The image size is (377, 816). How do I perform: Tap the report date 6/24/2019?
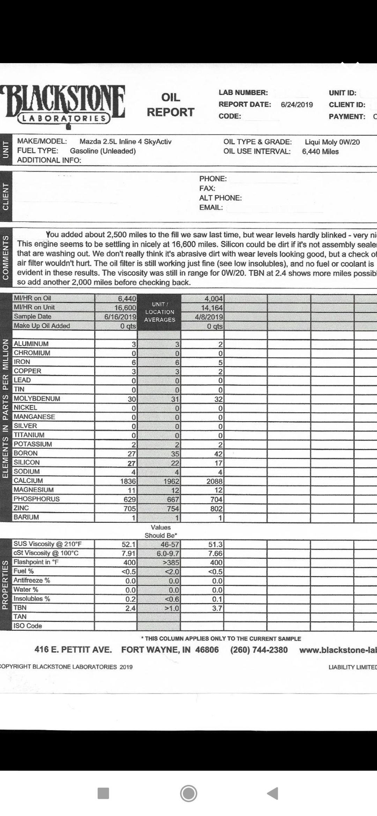point(297,105)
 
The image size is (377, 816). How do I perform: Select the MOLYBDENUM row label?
point(37,399)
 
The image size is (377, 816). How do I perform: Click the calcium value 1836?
point(128,481)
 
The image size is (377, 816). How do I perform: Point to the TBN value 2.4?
point(130,608)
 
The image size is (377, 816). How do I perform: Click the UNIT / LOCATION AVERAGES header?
point(160,312)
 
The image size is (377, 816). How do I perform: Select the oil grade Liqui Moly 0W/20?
point(332,142)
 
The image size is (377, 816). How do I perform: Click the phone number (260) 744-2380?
point(259,650)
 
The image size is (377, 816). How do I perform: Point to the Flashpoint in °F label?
point(36,562)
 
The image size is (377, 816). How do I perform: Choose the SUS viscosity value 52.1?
point(128,544)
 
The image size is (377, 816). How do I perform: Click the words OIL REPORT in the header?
point(170,105)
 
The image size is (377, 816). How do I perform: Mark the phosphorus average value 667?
point(173,499)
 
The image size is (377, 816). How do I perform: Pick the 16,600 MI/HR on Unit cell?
point(125,308)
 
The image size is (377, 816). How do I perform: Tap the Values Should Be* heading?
point(161,531)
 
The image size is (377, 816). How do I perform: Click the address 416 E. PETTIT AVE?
point(73,650)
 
